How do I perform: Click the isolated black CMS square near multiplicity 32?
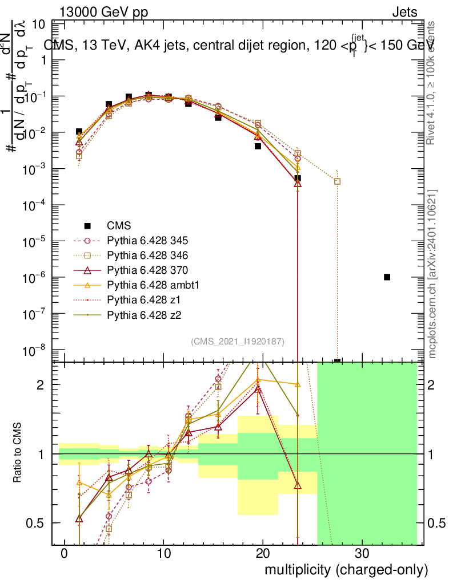click(387, 277)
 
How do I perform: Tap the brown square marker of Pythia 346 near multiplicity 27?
click(337, 181)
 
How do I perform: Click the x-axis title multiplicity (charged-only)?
click(346, 569)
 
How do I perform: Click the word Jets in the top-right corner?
click(404, 12)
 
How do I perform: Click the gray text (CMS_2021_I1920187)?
click(238, 341)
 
